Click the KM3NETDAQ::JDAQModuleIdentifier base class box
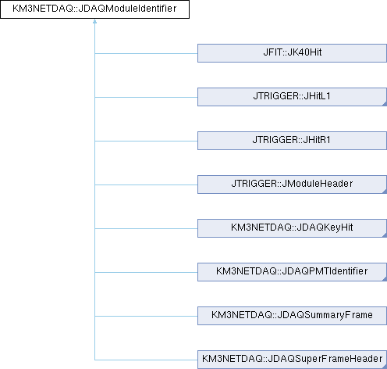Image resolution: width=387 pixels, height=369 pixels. tap(94, 9)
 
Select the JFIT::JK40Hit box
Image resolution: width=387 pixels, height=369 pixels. tap(292, 53)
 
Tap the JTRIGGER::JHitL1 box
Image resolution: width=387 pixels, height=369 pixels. tap(292, 97)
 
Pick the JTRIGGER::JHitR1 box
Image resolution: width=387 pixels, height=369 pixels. tap(292, 141)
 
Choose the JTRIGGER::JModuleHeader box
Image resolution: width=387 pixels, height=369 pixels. tap(292, 184)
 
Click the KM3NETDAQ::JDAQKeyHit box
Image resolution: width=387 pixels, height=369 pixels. tap(292, 228)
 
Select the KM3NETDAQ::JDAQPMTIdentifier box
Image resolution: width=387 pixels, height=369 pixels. tap(292, 272)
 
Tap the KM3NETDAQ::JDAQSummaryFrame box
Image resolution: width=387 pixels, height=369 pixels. tap(292, 316)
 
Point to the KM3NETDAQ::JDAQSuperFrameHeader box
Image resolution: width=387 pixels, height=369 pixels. tap(292, 360)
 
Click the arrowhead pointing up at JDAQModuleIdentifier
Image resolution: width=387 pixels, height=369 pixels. tap(94, 21)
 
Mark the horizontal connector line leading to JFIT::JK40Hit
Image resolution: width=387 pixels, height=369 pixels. tap(146, 53)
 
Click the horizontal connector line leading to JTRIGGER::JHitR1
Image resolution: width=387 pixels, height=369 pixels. tap(146, 141)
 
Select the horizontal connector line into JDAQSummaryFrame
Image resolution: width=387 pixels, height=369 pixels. tap(146, 316)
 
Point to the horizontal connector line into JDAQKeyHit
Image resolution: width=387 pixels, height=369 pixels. tap(146, 228)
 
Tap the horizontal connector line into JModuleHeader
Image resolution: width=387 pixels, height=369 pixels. tap(146, 184)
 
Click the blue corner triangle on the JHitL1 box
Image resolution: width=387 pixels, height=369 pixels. tap(385, 104)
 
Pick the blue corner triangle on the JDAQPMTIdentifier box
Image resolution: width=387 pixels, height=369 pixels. tap(385, 279)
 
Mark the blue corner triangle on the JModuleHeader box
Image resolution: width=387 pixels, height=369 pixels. tap(385, 192)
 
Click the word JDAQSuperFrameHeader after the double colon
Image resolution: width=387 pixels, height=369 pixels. tap(325, 359)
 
